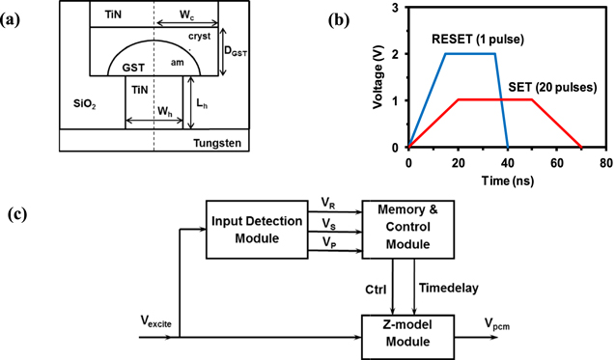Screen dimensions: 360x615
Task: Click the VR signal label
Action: click(329, 205)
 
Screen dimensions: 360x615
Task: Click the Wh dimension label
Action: click(165, 111)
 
